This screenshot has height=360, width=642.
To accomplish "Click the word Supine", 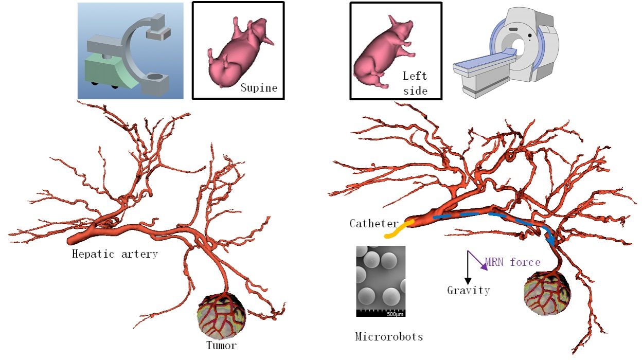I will tap(259, 88).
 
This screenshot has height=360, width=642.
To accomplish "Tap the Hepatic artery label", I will tap(115, 254).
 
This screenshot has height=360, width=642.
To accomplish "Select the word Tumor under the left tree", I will tap(221, 345).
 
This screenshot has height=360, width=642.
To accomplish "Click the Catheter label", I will tap(373, 224).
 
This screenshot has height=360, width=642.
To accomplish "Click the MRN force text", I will tap(512, 262).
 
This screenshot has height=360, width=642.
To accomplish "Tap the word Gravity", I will tap(468, 291).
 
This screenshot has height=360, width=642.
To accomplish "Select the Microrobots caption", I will tap(389, 337).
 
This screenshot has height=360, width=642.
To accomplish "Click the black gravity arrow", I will tap(468, 267).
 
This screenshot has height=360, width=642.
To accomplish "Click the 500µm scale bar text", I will tap(395, 314).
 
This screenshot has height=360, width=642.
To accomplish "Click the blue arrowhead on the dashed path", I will tap(551, 240).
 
